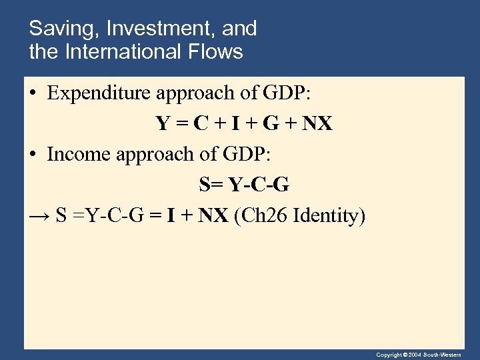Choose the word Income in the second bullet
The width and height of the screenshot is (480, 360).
click(79, 155)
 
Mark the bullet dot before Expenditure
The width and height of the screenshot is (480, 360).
click(33, 94)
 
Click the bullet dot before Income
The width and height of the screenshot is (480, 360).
click(33, 155)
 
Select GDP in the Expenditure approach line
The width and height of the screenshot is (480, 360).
click(286, 93)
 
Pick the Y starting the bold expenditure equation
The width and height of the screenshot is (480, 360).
click(163, 125)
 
